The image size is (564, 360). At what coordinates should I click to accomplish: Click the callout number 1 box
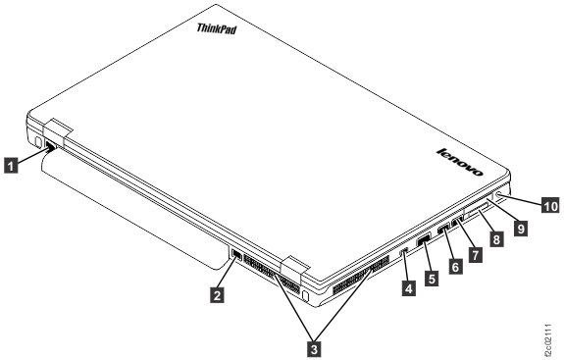(x=12, y=166)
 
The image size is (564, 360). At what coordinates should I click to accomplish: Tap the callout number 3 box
(x=314, y=344)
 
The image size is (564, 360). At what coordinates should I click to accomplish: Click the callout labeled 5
(x=429, y=279)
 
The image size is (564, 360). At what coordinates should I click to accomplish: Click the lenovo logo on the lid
(x=459, y=162)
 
